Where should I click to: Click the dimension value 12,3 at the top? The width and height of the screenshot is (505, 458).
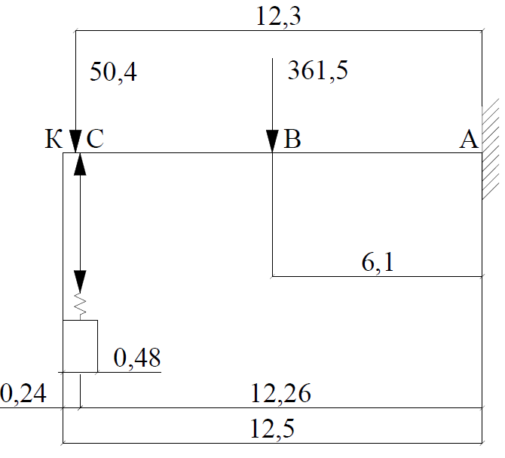[x=280, y=17]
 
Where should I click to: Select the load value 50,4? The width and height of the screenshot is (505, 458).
[x=114, y=72]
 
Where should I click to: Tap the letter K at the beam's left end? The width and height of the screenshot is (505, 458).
[x=53, y=140]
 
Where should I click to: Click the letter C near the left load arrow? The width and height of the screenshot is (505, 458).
[x=94, y=140]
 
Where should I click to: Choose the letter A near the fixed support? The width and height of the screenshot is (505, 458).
[x=469, y=140]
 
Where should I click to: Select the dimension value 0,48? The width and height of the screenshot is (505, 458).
[x=136, y=358]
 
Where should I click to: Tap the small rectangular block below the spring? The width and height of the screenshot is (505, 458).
[x=80, y=346]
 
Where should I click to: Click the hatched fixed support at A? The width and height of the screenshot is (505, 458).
[x=491, y=152]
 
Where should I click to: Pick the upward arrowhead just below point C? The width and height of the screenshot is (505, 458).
[x=80, y=164]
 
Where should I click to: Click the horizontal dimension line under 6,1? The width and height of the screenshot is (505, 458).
[x=377, y=276]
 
